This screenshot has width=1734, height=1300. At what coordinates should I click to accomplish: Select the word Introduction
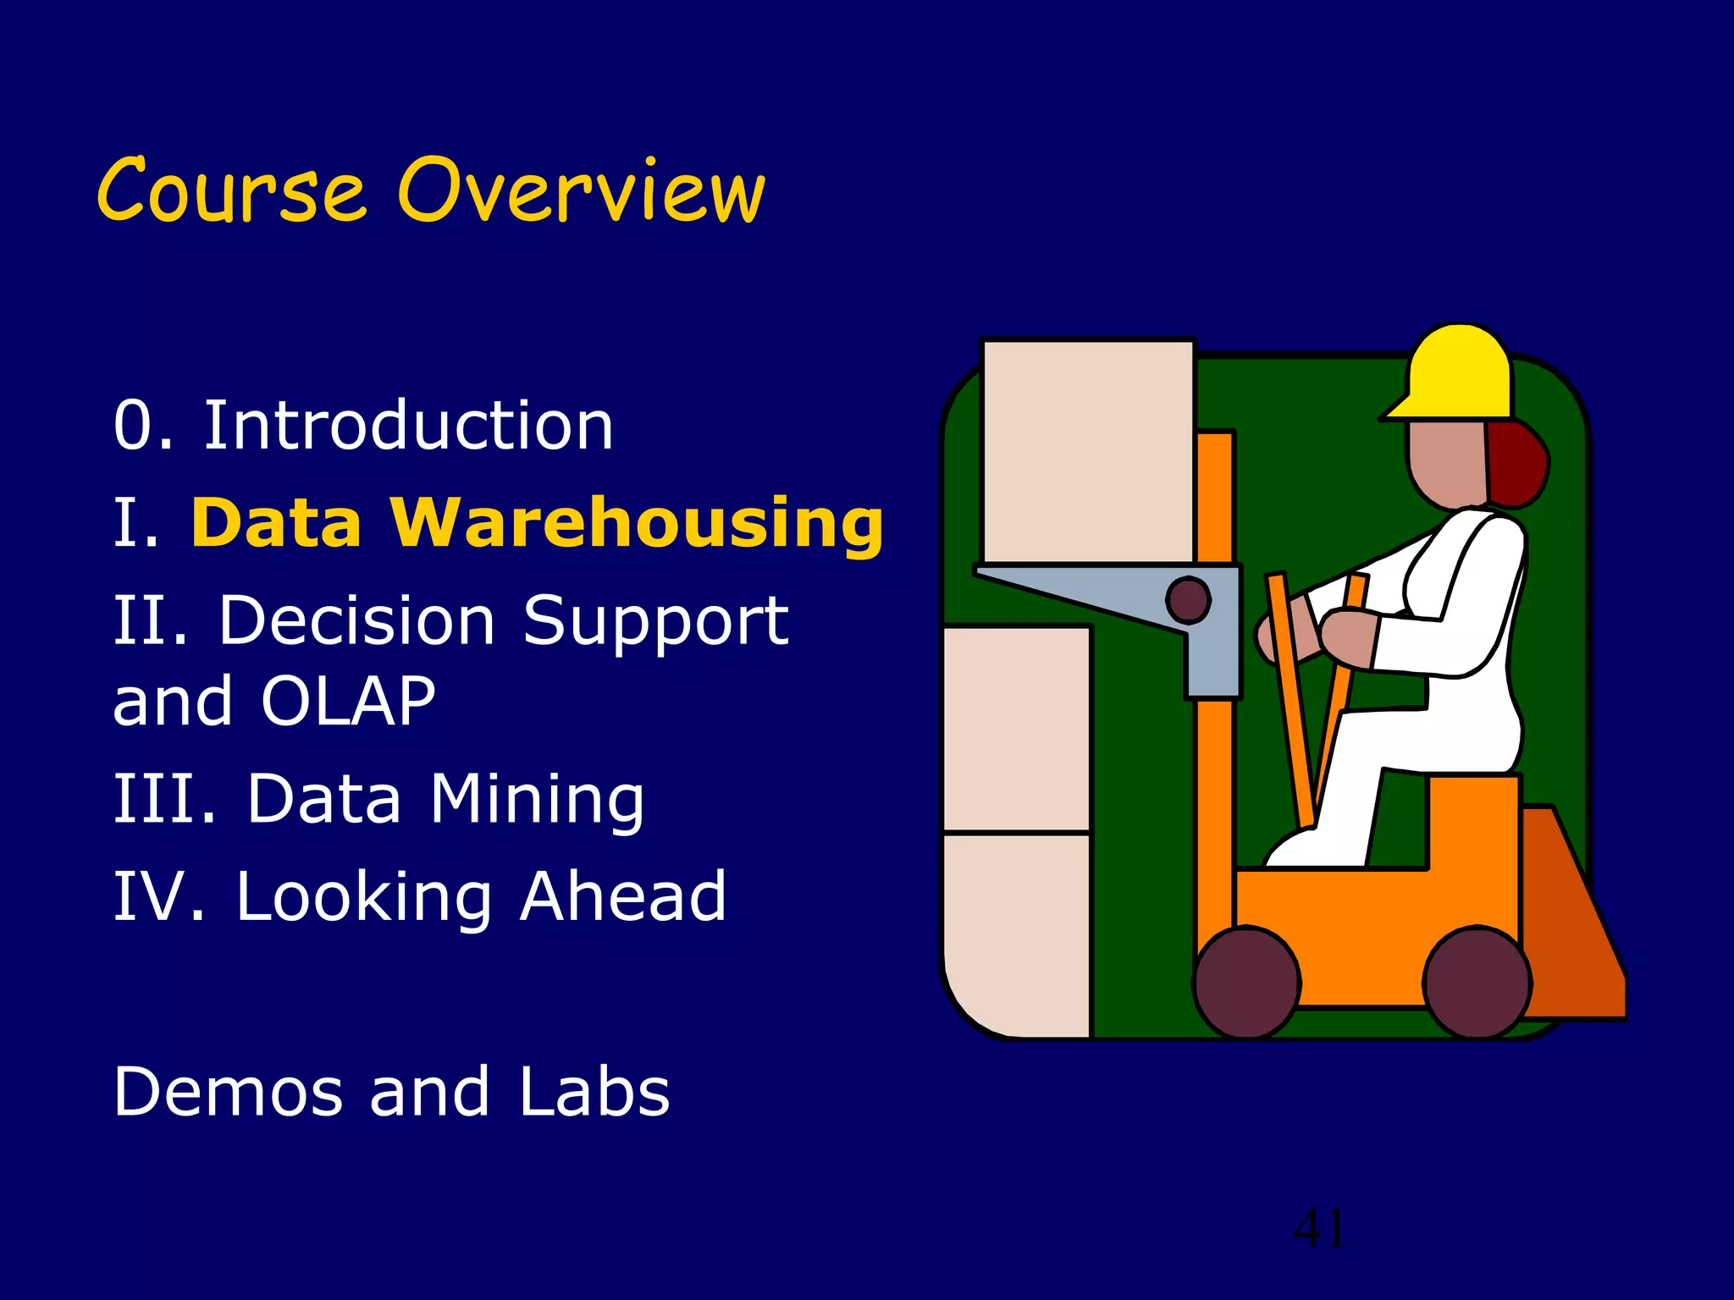[x=408, y=426]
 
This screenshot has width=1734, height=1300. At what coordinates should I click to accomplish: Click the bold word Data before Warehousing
[x=277, y=523]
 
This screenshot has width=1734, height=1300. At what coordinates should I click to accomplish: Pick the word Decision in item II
[x=356, y=620]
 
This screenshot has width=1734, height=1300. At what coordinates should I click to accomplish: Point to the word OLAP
[x=348, y=702]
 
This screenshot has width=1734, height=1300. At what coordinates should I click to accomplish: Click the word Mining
[x=537, y=799]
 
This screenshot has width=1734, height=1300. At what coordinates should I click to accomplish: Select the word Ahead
[x=623, y=896]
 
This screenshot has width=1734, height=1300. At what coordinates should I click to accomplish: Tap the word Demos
[x=229, y=1092]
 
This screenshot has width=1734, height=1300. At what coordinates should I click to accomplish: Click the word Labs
[x=594, y=1092]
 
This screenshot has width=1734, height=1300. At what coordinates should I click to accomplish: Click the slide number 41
[x=1318, y=1229]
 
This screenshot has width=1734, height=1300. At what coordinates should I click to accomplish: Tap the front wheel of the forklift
[x=1246, y=983]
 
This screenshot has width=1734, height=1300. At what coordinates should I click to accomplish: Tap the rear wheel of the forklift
[x=1477, y=983]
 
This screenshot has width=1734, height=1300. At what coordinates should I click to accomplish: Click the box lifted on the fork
[x=1088, y=450]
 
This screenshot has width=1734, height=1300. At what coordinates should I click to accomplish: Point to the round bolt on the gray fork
[x=1188, y=600]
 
